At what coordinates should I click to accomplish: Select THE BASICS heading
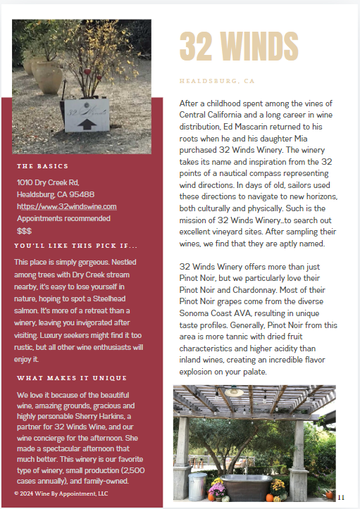42,166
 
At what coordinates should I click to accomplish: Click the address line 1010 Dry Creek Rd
48,182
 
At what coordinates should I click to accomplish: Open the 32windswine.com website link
67,206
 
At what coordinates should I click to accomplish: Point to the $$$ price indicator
24,230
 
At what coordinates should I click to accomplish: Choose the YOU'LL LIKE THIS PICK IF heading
75,246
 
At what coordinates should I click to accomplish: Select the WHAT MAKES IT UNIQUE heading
72,378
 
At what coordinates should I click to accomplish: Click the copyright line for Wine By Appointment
61,494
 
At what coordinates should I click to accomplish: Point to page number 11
341,497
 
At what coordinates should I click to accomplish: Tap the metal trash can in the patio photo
197,485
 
